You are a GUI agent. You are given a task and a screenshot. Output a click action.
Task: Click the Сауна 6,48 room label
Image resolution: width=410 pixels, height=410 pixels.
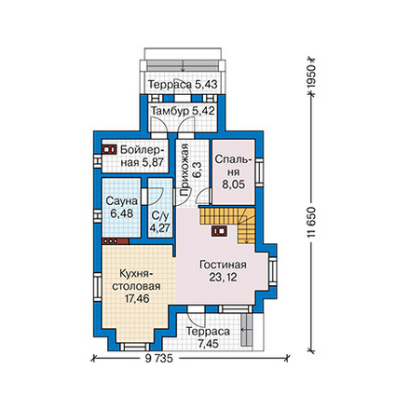click(x=121, y=207)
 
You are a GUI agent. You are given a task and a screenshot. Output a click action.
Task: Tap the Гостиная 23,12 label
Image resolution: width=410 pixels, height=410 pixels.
click(x=223, y=271)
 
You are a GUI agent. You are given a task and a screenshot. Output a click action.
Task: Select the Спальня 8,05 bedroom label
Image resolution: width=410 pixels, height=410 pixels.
click(x=233, y=172)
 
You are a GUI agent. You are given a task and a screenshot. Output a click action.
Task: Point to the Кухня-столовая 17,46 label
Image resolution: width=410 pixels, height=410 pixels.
click(x=137, y=286)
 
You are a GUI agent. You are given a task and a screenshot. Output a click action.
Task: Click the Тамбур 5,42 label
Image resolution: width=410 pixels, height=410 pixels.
click(x=184, y=111)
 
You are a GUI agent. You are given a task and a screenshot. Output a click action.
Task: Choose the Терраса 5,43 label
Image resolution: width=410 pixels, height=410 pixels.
click(x=183, y=84)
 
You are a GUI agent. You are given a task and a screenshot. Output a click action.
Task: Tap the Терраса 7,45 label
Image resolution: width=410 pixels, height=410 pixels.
click(x=208, y=337)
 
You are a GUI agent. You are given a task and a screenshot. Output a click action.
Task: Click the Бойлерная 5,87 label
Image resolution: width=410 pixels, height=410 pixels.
click(x=143, y=156)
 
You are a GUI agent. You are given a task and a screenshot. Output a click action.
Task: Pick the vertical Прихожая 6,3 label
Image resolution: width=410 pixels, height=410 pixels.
click(x=190, y=171)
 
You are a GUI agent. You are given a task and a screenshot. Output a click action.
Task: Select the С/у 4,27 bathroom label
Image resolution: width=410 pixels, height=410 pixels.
click(x=159, y=222)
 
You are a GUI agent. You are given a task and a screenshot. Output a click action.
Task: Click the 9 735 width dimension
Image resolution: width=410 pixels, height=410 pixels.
click(x=158, y=359)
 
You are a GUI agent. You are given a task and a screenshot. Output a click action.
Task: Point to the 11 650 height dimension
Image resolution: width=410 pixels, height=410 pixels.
click(x=311, y=222)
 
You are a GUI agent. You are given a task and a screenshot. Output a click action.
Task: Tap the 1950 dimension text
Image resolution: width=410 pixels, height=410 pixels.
click(x=310, y=76)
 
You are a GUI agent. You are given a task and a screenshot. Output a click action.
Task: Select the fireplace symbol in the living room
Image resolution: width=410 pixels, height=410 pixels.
click(x=219, y=231)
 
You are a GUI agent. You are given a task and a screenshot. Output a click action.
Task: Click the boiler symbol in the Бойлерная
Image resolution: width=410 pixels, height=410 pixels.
click(x=109, y=149)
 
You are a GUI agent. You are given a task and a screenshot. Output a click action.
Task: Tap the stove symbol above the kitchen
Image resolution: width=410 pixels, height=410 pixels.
click(x=116, y=241)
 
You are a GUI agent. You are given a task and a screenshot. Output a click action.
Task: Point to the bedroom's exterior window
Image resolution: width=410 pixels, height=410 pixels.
click(x=259, y=172)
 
